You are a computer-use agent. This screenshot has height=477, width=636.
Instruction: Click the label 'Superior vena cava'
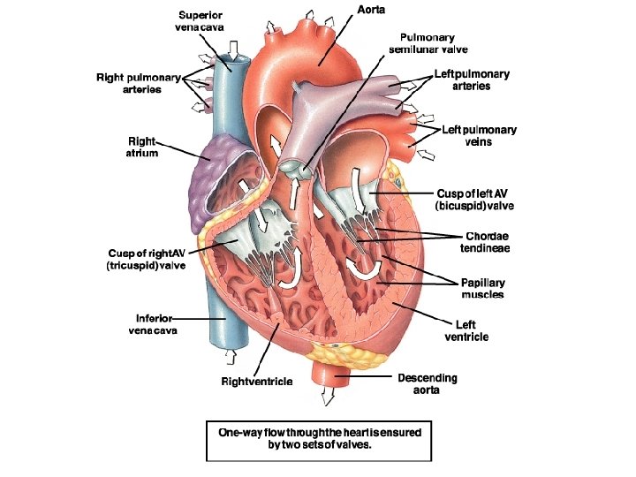201,21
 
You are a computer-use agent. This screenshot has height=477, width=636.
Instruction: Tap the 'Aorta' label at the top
371,9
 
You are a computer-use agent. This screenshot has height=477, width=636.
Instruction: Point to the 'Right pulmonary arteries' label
141,84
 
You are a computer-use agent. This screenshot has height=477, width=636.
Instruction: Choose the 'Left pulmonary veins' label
479,135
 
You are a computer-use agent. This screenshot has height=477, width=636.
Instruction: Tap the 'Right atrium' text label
141,146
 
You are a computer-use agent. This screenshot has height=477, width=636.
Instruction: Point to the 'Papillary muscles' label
482,288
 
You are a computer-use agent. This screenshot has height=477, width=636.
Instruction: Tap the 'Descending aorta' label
428,383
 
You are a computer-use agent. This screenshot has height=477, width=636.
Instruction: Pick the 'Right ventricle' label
257,382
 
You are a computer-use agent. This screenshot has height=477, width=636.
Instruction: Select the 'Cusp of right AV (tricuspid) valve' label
147,259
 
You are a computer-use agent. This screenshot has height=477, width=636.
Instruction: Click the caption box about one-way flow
319,439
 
